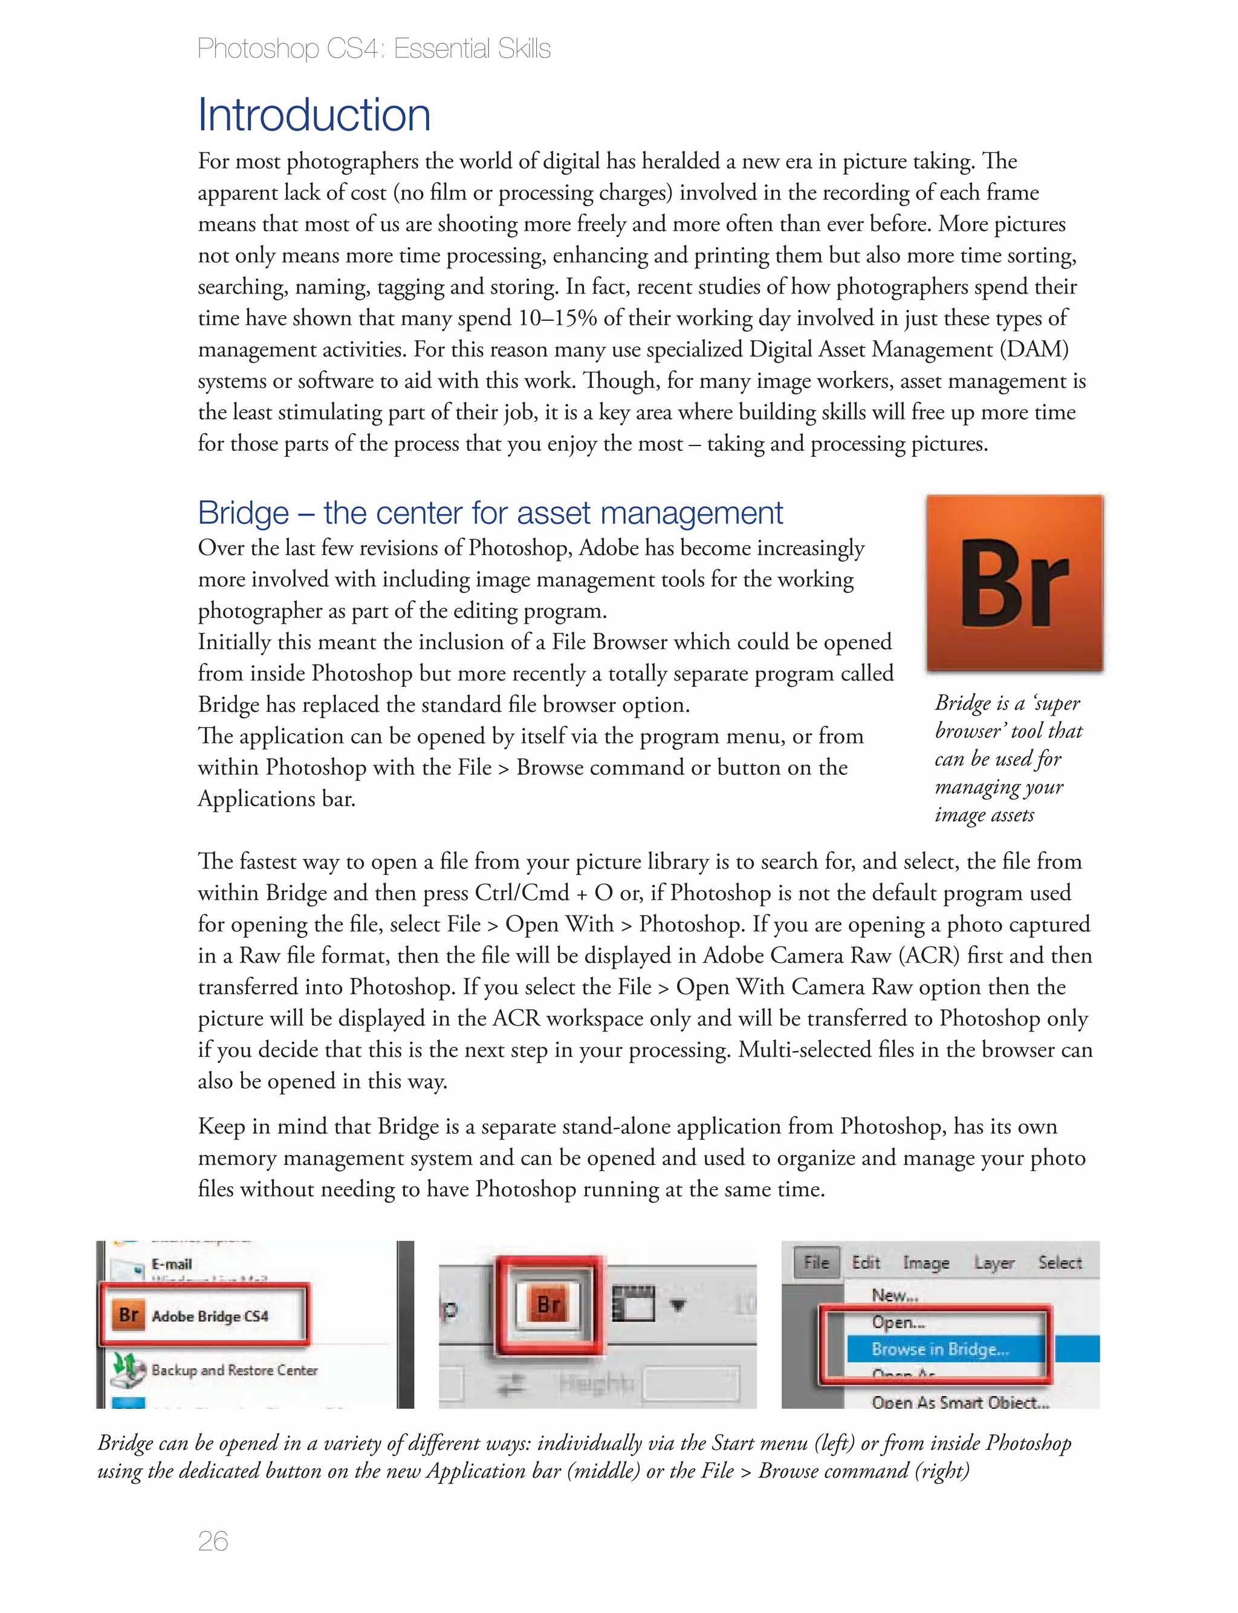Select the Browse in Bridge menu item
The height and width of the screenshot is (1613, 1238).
[939, 1348]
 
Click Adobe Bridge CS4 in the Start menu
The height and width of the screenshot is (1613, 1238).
[209, 1316]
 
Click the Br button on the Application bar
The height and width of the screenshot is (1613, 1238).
[549, 1304]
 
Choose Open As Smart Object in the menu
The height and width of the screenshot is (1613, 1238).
[959, 1401]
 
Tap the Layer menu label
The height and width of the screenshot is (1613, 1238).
[993, 1262]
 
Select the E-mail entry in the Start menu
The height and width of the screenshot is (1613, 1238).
[171, 1264]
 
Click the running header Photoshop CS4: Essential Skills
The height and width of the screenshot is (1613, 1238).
[374, 48]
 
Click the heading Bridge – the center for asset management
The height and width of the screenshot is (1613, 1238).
[490, 512]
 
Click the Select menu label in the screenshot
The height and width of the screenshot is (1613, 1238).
[1060, 1262]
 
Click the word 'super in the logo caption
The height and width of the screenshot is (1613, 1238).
[1057, 703]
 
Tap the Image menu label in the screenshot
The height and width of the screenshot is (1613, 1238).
[925, 1262]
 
